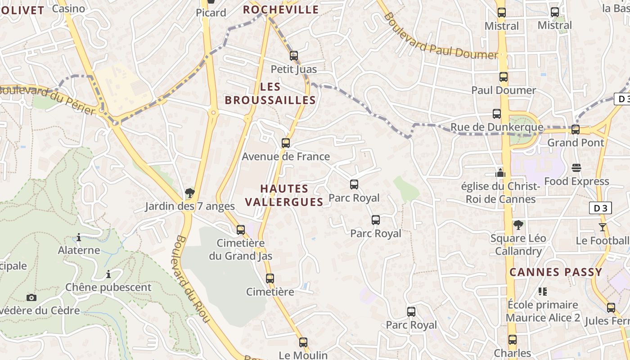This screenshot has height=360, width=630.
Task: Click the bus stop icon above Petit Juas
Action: coord(294,56)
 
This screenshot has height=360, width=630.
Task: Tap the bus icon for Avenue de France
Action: coord(286,143)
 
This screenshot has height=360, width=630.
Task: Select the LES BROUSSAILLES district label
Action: coord(270,94)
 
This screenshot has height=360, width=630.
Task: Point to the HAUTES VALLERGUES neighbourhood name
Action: coord(284,195)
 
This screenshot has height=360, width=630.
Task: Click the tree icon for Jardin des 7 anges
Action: coord(190,193)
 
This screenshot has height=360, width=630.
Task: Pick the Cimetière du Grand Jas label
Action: coord(241,250)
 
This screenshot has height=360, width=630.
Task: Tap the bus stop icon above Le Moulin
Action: coord(303,342)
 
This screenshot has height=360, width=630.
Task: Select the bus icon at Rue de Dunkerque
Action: coord(497,114)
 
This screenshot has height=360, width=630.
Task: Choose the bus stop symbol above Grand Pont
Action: coord(576,130)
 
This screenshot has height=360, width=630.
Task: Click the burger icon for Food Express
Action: coord(576,168)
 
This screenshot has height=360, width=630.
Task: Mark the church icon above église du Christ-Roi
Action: coord(500,172)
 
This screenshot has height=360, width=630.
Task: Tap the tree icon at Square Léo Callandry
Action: coord(518,225)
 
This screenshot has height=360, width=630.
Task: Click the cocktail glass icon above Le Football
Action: coord(603,227)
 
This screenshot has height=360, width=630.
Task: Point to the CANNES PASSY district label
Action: coord(556,272)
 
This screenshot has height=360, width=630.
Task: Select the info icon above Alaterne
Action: coord(79,237)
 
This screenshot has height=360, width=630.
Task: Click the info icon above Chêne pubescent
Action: coord(108,274)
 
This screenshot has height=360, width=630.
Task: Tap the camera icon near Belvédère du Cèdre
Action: coord(31,297)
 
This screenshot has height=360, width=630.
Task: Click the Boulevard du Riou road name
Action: coord(193,279)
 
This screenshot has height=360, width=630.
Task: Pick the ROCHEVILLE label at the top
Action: coord(281,9)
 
